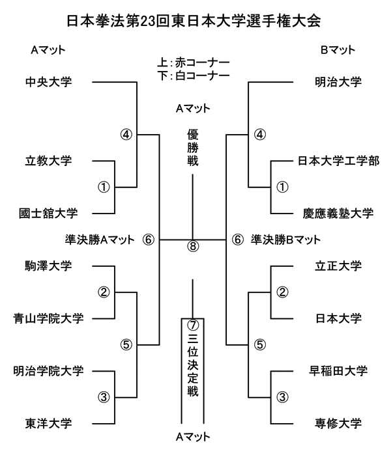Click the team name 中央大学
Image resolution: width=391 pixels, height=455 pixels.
[48, 83]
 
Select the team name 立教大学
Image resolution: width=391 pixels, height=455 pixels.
[48, 160]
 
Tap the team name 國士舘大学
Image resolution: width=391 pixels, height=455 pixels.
[48, 213]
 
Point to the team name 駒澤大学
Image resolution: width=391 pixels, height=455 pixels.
[48, 266]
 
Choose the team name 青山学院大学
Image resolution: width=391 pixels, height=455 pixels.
[48, 318]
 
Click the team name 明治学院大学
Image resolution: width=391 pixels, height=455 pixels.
[48, 371]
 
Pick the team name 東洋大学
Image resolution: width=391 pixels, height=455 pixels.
[48, 424]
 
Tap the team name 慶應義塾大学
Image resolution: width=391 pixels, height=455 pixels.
[338, 213]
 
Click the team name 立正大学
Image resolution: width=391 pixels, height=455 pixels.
[338, 266]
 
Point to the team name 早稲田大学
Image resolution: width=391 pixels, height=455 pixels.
[338, 371]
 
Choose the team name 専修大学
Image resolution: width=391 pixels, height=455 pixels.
[338, 424]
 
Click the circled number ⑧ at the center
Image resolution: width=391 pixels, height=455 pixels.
[192, 247]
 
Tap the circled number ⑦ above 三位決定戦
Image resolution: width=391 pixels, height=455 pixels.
[192, 324]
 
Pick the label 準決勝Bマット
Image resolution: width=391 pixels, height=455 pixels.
[286, 240]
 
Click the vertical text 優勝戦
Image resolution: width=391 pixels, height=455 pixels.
[192, 148]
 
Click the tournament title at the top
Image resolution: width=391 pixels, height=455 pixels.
[194, 21]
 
